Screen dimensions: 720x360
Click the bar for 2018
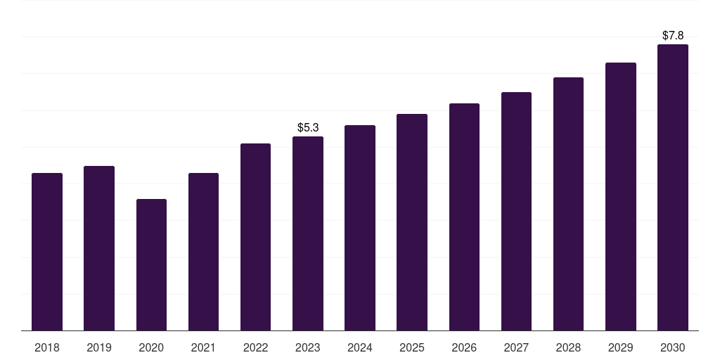(47, 252)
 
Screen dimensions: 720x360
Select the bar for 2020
(151, 265)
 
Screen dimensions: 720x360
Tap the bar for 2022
(255, 237)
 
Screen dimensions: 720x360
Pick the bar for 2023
(308, 233)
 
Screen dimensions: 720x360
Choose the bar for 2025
(412, 222)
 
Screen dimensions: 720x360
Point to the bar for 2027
(516, 211)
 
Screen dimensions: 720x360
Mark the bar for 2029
(620, 197)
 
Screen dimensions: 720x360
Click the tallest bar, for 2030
(673, 187)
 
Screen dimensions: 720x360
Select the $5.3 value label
(308, 127)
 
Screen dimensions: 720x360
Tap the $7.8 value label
(673, 35)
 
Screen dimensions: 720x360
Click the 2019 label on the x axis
(99, 347)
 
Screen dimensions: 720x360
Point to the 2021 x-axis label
(203, 347)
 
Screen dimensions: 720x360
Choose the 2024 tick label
(360, 347)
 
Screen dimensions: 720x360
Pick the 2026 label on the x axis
(464, 347)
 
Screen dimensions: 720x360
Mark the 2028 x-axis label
(568, 347)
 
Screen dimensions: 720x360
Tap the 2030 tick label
(673, 347)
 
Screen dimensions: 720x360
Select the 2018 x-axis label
(47, 347)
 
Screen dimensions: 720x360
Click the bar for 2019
(99, 248)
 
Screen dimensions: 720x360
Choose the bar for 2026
(464, 217)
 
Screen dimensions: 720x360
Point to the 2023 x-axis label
(308, 347)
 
